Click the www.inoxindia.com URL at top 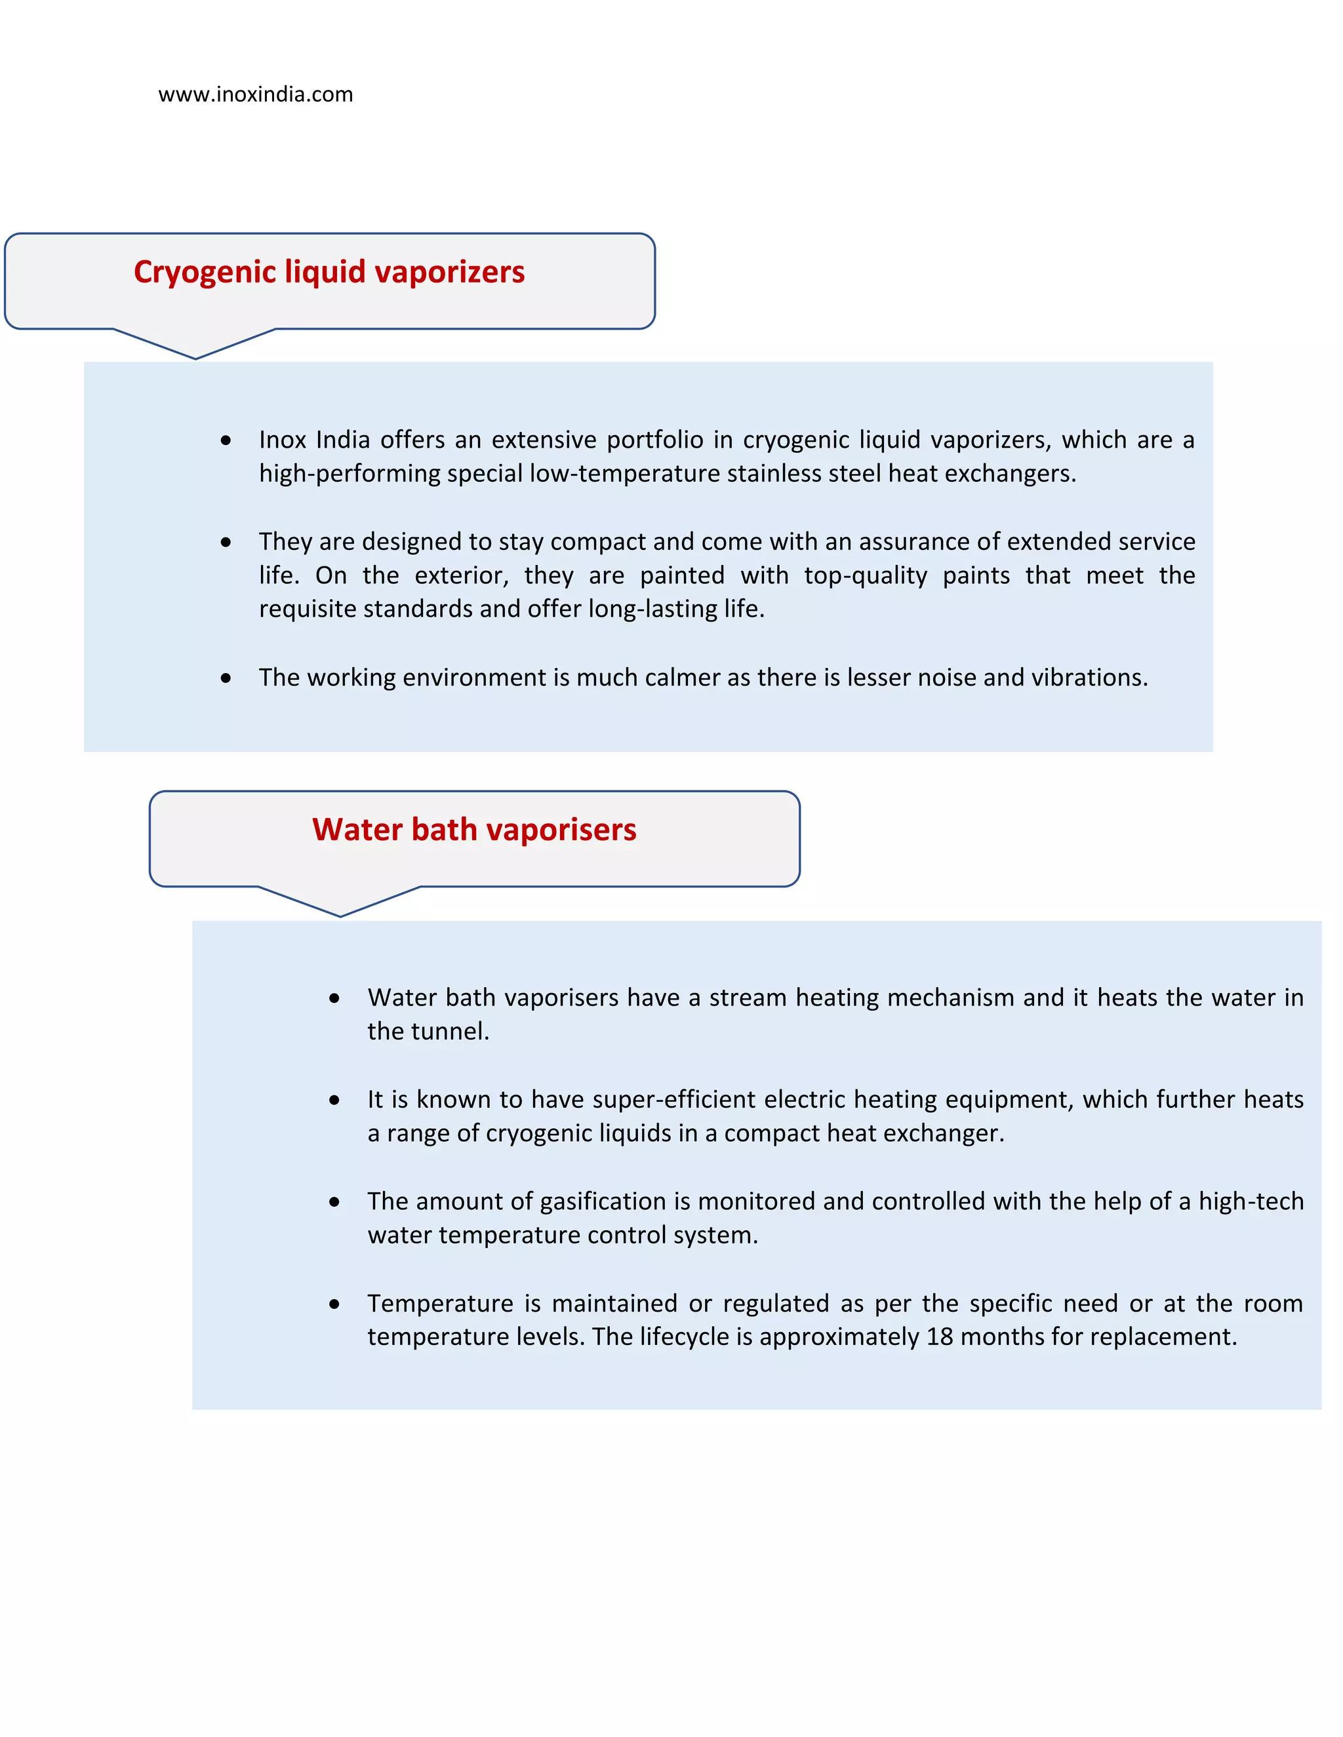coord(255,94)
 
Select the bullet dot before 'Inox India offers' coord(226,440)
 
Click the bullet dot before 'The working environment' coord(226,678)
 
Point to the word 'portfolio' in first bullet coord(655,440)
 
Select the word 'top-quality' coord(865,575)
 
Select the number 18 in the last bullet coord(939,1337)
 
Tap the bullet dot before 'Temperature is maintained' coord(334,1304)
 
